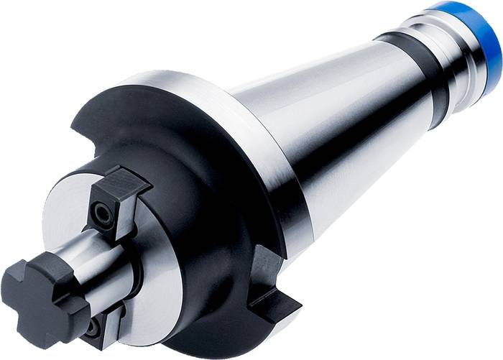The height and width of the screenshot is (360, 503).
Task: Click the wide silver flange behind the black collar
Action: pos(237,144)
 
